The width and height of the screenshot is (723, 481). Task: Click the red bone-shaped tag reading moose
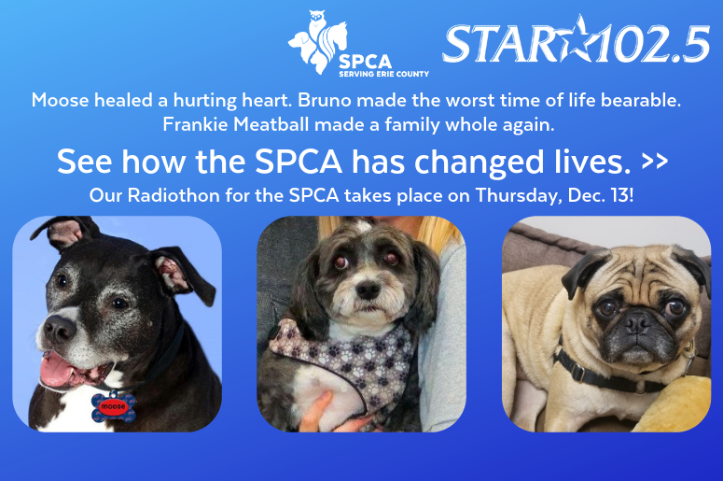click(114, 406)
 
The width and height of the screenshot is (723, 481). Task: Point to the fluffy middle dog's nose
click(368, 290)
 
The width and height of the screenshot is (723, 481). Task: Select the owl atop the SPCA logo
click(317, 21)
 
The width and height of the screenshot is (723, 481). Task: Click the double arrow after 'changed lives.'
click(655, 161)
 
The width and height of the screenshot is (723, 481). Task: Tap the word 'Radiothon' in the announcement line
click(174, 195)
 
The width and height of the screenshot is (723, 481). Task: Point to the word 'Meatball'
click(271, 124)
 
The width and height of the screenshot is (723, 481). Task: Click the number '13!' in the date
click(622, 195)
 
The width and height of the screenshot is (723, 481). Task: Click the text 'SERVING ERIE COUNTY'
click(383, 74)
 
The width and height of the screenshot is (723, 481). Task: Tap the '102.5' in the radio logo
click(655, 44)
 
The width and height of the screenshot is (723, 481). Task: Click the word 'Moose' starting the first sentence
click(60, 100)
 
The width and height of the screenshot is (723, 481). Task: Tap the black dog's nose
click(59, 330)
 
